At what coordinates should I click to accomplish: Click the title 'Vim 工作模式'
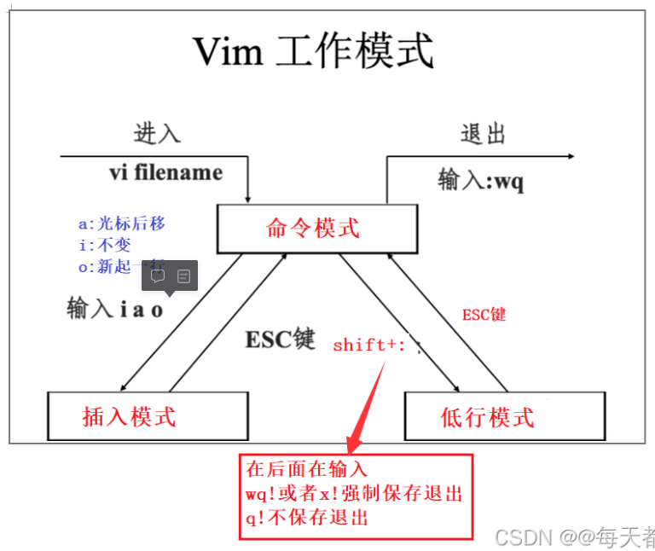coord(313,52)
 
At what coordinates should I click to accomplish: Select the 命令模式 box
coord(313,229)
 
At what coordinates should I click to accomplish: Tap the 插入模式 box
coord(129,416)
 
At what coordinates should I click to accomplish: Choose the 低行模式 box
coord(487,416)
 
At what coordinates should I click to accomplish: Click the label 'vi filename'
coord(165,172)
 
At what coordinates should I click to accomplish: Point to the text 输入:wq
coord(481,180)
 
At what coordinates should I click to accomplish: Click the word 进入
coord(157,134)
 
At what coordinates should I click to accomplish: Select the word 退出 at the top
coord(483,134)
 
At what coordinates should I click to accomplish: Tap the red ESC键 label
coord(484,314)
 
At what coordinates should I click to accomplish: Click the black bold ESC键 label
coord(281,339)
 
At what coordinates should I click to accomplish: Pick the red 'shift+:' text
coord(369,345)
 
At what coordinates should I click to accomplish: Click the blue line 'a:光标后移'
coord(121,223)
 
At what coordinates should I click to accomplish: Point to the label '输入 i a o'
coord(115,309)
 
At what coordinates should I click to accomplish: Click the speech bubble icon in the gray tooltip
coord(158,275)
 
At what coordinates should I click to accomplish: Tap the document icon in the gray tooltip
coord(183,275)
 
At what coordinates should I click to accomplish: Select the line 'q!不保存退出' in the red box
coord(307,517)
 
